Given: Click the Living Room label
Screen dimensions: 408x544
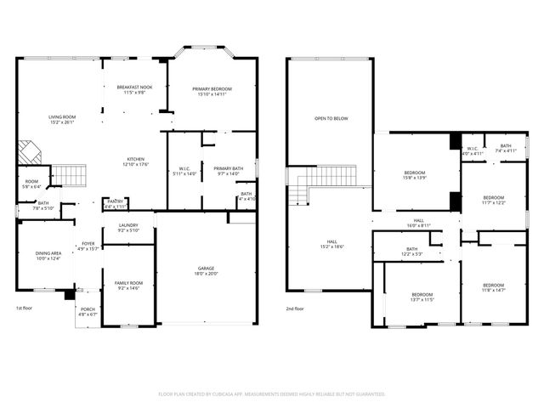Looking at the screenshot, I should click(x=61, y=120).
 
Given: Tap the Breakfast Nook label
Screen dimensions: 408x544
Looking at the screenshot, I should click(x=134, y=89).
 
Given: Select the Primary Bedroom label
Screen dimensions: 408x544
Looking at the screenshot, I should click(x=212, y=92).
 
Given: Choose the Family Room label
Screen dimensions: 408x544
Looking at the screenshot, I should click(x=128, y=286).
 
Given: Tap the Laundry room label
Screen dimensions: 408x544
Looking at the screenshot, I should click(x=127, y=228).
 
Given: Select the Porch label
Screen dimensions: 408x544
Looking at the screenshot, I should click(x=88, y=311).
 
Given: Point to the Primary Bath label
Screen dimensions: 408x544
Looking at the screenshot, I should click(x=228, y=171).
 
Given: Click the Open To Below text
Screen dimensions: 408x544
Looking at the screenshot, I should click(x=331, y=118).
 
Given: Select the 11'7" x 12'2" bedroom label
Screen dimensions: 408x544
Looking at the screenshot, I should click(x=493, y=200).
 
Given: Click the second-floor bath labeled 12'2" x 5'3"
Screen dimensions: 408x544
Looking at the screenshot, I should click(x=411, y=252).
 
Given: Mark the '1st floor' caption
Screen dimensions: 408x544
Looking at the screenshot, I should click(x=25, y=308).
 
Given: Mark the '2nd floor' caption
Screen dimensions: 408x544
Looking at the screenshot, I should click(x=295, y=309).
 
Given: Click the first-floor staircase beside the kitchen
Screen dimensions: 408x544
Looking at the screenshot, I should click(x=71, y=177).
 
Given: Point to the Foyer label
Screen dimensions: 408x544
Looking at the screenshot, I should click(x=88, y=246).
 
